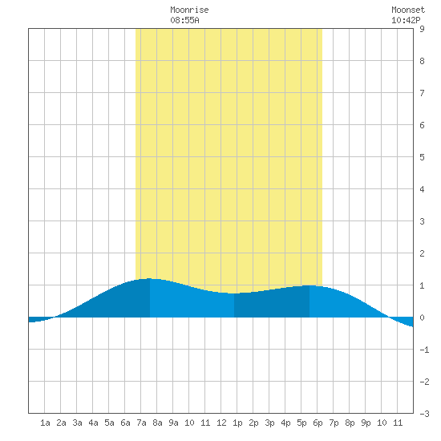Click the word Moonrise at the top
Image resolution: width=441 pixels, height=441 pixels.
tap(189, 10)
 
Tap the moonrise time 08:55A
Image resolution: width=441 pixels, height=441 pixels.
tap(184, 20)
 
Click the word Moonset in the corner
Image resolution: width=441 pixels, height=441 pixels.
tap(408, 10)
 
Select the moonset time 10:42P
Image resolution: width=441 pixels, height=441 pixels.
tap(406, 20)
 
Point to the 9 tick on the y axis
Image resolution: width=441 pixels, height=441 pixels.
tap(422, 29)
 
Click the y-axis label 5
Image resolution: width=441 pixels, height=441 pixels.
tap(422, 157)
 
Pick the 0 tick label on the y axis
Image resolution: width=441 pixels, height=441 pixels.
tap(422, 318)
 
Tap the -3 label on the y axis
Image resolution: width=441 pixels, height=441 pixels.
tap(424, 414)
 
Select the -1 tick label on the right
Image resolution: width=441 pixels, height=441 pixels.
tap(424, 350)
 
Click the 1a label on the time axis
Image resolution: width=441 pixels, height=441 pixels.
tap(45, 423)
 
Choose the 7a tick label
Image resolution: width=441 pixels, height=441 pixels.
tap(141, 423)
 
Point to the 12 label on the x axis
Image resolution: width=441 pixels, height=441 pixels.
tap(221, 423)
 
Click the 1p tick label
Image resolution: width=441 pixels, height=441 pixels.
tap(237, 423)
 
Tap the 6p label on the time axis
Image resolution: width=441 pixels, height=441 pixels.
tap(318, 423)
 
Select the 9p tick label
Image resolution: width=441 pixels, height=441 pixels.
tap(366, 423)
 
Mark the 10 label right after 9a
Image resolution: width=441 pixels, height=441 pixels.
tap(189, 423)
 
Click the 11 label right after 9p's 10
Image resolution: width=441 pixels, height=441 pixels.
tap(398, 423)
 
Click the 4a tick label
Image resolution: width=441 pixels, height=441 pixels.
tap(93, 423)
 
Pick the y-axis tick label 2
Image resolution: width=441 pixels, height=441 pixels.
tap(422, 253)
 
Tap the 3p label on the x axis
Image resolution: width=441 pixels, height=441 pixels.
tap(269, 423)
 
